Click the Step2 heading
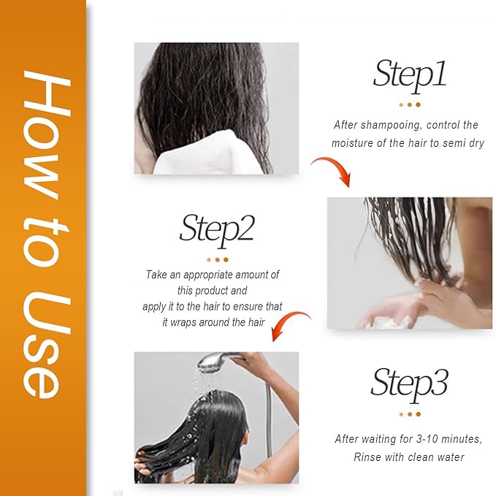tap(217, 229)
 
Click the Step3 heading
tap(409, 383)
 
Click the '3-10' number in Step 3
tap(416, 439)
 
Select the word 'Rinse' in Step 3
tap(369, 457)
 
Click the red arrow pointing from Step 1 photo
tap(332, 170)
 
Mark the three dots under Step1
tap(409, 104)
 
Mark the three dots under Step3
tap(409, 414)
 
